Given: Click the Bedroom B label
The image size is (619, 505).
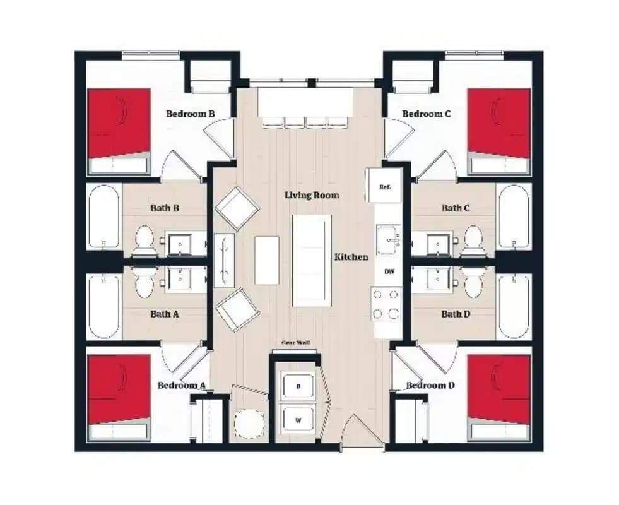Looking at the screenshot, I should [191, 114].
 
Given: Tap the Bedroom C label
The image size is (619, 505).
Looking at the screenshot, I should [427, 114].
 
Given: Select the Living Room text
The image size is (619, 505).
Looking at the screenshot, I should [312, 195].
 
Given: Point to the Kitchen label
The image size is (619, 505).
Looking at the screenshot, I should [351, 257].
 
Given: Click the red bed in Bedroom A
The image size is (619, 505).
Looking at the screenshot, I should [119, 389].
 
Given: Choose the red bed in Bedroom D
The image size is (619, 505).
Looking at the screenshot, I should [498, 389].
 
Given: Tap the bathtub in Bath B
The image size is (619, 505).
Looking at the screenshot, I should [103, 216].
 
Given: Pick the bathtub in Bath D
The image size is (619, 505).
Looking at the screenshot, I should [514, 306].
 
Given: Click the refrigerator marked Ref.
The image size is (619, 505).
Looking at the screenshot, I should [384, 187].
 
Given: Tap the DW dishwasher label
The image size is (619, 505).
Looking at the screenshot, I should [389, 271].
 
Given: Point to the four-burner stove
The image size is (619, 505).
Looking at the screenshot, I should [387, 304].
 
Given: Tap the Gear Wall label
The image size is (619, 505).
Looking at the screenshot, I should [295, 343].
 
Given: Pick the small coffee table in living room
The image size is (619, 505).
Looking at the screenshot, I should [266, 260].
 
